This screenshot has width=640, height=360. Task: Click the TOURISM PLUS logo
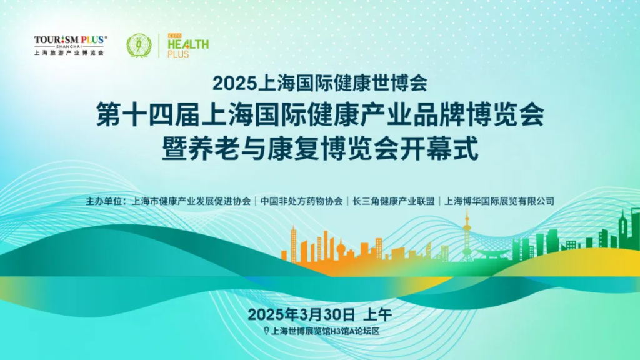(69, 45)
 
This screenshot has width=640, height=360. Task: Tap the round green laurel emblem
(139, 45)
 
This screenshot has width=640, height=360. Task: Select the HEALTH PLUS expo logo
(187, 46)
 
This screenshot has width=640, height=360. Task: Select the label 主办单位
(103, 201)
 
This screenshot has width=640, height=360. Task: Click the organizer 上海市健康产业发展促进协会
(191, 201)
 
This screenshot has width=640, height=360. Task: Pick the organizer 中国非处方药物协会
(302, 201)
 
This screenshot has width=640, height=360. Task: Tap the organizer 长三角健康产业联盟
(394, 201)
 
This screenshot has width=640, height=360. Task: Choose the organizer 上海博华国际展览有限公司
(499, 201)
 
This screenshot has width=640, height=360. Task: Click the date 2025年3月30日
(301, 314)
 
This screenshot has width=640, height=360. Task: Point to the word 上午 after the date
(377, 314)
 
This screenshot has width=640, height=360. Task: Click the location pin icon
(266, 331)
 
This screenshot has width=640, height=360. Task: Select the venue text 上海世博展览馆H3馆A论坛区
(325, 331)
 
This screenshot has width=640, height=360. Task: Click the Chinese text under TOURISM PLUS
(69, 52)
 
